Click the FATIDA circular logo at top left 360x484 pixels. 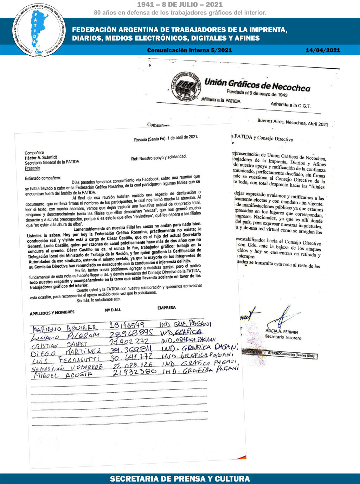click(x=39, y=30)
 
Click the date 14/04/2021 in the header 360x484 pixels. click(x=323, y=50)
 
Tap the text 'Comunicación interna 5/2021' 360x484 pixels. click(x=189, y=50)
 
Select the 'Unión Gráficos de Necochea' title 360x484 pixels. click(x=257, y=85)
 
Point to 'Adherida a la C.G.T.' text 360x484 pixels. click(x=290, y=105)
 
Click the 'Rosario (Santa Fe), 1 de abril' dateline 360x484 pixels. click(x=166, y=138)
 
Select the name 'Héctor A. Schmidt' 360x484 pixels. click(x=41, y=158)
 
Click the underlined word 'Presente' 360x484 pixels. click(x=32, y=168)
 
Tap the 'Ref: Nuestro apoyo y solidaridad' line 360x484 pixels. click(x=159, y=158)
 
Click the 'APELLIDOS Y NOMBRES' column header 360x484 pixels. click(x=52, y=313)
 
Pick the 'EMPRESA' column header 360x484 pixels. click(x=167, y=308)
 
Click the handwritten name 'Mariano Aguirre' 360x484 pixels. click(x=65, y=329)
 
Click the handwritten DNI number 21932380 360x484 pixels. click(x=135, y=372)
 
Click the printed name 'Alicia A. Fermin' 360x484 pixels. click(x=282, y=332)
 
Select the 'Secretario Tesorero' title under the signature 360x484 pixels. click(x=283, y=338)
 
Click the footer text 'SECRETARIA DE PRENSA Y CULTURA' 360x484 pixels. click(x=180, y=479)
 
